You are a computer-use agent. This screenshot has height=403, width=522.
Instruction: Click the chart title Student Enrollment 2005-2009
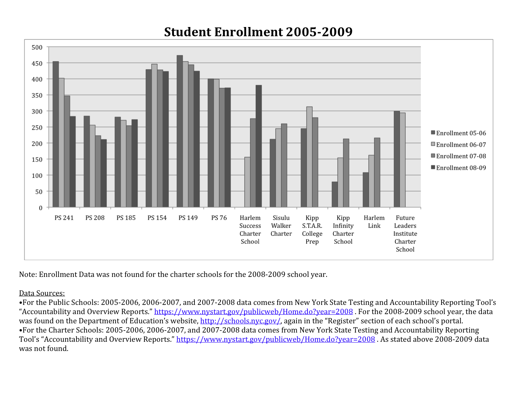pos(258,32)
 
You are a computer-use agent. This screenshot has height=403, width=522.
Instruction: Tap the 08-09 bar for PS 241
pos(72,162)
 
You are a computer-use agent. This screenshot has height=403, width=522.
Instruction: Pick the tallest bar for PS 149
pos(180,131)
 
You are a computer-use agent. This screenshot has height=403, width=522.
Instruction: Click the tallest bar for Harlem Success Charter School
pos(259,146)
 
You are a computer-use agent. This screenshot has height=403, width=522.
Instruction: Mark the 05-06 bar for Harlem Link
pos(365,190)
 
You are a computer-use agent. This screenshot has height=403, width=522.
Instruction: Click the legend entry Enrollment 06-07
pos(461,145)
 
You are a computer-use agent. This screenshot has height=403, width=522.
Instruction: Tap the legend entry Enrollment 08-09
pos(461,168)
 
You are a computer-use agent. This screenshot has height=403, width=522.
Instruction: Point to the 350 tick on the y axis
pos(37,95)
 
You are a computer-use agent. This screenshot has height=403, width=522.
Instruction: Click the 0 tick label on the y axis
pos(41,208)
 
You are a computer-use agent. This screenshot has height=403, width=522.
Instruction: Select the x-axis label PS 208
pos(95,218)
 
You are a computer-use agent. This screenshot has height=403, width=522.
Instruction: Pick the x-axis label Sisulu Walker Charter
pos(281,226)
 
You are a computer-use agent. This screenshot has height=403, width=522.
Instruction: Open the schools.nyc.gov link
pos(240,321)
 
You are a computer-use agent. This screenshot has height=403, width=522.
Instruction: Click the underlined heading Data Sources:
pos(42,293)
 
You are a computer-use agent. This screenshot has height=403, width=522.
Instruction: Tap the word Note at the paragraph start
pos(28,275)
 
